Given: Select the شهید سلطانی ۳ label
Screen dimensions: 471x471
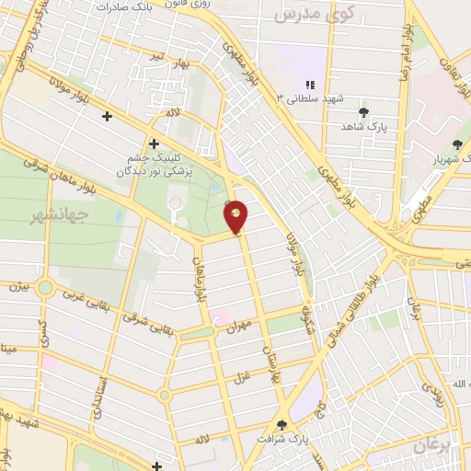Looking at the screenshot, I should tap(304, 98).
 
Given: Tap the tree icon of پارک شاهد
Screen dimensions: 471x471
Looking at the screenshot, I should tap(364, 111).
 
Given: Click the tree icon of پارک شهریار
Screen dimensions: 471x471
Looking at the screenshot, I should tap(458, 144).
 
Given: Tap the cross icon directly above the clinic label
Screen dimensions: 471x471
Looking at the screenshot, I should tap(153, 144).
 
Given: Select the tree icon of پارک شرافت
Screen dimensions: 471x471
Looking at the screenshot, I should tap(282, 426).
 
